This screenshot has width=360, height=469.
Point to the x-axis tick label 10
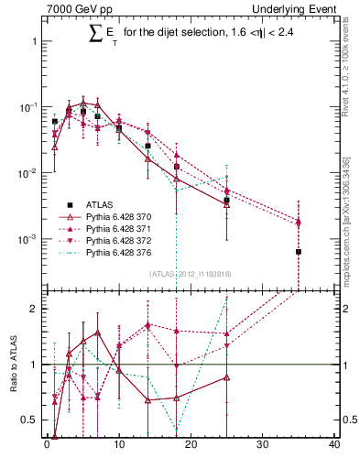(118, 448)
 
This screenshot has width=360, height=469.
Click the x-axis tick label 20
(191, 448)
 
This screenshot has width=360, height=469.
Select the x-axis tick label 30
(263, 448)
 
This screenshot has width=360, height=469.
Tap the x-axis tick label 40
(334, 448)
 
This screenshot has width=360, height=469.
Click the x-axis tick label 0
(47, 448)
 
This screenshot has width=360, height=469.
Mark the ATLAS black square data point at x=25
(226, 200)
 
